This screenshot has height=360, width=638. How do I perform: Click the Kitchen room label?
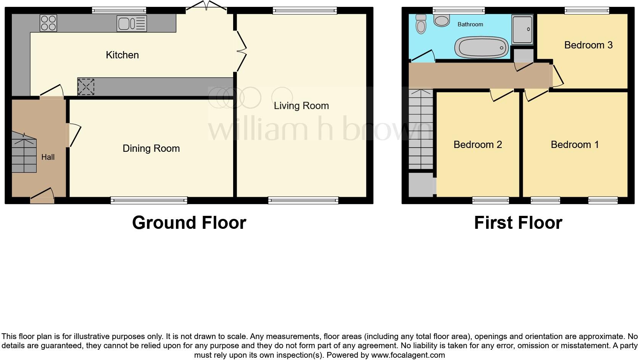[x=122, y=55]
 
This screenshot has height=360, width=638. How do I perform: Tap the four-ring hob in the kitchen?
[x=48, y=22]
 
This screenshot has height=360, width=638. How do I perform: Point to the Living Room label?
[x=301, y=106]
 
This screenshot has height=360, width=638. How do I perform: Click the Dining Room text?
[x=151, y=148]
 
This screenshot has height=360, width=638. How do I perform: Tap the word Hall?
[x=48, y=157]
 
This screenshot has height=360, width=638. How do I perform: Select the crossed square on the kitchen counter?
[x=86, y=87]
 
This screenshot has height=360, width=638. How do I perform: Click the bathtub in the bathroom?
[x=481, y=48]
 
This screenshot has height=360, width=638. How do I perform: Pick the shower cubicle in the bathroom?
[x=522, y=30]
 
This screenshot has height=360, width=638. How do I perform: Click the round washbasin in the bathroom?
[x=441, y=20]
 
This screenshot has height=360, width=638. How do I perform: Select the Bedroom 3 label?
[x=588, y=45]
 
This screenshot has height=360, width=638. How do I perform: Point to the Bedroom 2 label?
[x=477, y=145]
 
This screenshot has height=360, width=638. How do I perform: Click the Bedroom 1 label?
[x=575, y=145]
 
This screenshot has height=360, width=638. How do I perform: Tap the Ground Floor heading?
[x=189, y=223]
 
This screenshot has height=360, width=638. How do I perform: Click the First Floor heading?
[x=518, y=223]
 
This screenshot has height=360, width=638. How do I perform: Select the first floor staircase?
[x=421, y=130]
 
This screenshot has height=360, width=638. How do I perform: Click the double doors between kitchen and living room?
[x=240, y=51]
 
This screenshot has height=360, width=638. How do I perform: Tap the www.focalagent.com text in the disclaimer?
[x=408, y=355]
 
